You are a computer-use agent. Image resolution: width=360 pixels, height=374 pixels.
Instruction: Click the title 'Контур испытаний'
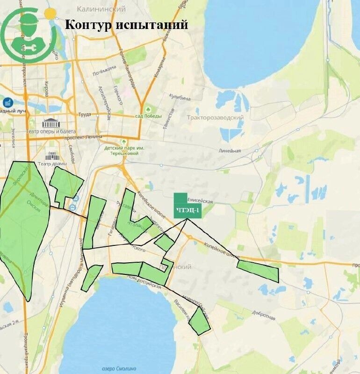pos(126,24)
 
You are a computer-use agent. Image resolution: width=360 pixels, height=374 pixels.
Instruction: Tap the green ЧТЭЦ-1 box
pos(187,210)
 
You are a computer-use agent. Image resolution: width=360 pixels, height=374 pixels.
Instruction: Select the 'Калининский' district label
pos(101,9)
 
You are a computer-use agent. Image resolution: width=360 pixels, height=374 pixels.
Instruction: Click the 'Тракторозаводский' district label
pos(215,118)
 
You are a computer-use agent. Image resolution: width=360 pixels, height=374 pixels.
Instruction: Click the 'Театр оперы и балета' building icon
pos(51,123)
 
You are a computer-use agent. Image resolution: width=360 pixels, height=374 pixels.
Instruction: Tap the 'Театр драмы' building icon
pos(51,155)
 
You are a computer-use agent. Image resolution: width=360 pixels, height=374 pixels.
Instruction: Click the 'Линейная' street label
pos(230,151)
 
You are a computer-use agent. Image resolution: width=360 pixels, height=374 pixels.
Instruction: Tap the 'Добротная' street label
pos(263,317)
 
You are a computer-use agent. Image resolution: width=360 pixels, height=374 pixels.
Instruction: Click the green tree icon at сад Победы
pos(148,108)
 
